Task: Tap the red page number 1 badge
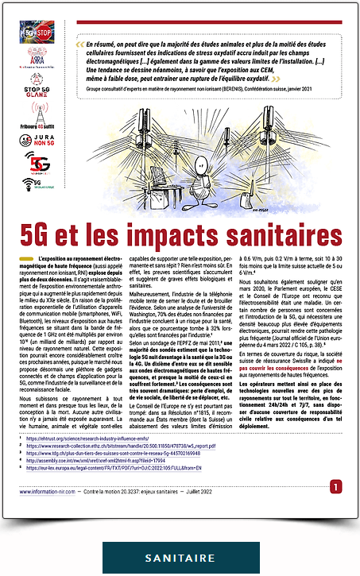pyautogui.click(x=336, y=486)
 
